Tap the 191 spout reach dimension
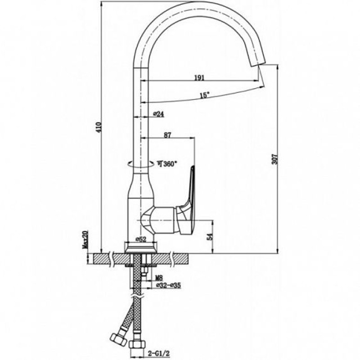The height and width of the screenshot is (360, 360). pyautogui.click(x=199, y=78)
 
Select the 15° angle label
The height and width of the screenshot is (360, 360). pyautogui.click(x=205, y=95)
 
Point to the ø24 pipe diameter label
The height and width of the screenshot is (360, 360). pyautogui.click(x=158, y=114)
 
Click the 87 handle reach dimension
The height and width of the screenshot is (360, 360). pyautogui.click(x=167, y=135)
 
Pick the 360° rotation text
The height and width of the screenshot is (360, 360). pyautogui.click(x=167, y=164)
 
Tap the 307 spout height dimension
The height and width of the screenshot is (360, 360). pyautogui.click(x=275, y=159)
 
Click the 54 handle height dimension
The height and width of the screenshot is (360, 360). pyautogui.click(x=210, y=236)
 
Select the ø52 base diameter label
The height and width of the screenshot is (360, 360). pyautogui.click(x=141, y=239)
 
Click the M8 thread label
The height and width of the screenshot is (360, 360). pyautogui.click(x=159, y=278)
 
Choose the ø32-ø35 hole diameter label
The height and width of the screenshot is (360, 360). pyautogui.click(x=168, y=285)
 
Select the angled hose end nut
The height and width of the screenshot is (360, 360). pyautogui.click(x=118, y=339)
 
